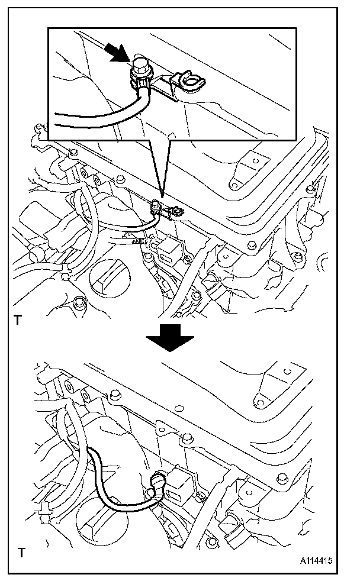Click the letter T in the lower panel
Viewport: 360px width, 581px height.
[22, 554]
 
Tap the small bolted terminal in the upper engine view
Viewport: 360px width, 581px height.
[157, 206]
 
